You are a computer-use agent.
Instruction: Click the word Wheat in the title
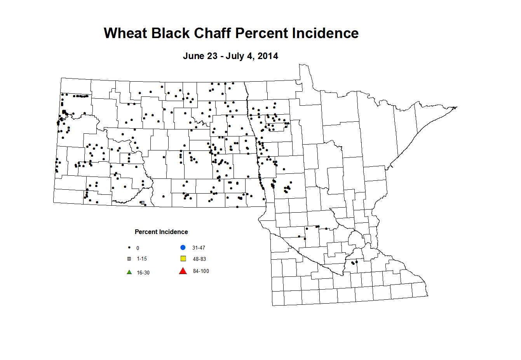tap(125, 33)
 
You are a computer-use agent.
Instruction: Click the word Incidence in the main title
tap(325, 33)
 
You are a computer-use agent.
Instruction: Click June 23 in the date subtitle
tap(200, 56)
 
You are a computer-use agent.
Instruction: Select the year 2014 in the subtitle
tap(268, 56)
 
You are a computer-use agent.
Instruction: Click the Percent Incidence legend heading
tap(161, 232)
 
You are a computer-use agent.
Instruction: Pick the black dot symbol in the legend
tap(129, 248)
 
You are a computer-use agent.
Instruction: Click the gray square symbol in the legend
tap(129, 259)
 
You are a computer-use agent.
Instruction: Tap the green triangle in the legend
tap(129, 272)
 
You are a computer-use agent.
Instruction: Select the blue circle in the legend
tap(183, 248)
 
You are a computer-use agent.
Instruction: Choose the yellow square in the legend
tap(183, 259)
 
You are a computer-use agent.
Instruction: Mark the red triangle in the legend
tap(183, 271)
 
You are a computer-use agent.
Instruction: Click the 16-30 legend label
tap(143, 273)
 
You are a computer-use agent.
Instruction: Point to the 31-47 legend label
tap(199, 248)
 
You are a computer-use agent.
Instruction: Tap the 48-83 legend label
tap(199, 259)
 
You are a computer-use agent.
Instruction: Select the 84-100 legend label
tap(201, 271)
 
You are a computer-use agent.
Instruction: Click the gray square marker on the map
tap(143, 203)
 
